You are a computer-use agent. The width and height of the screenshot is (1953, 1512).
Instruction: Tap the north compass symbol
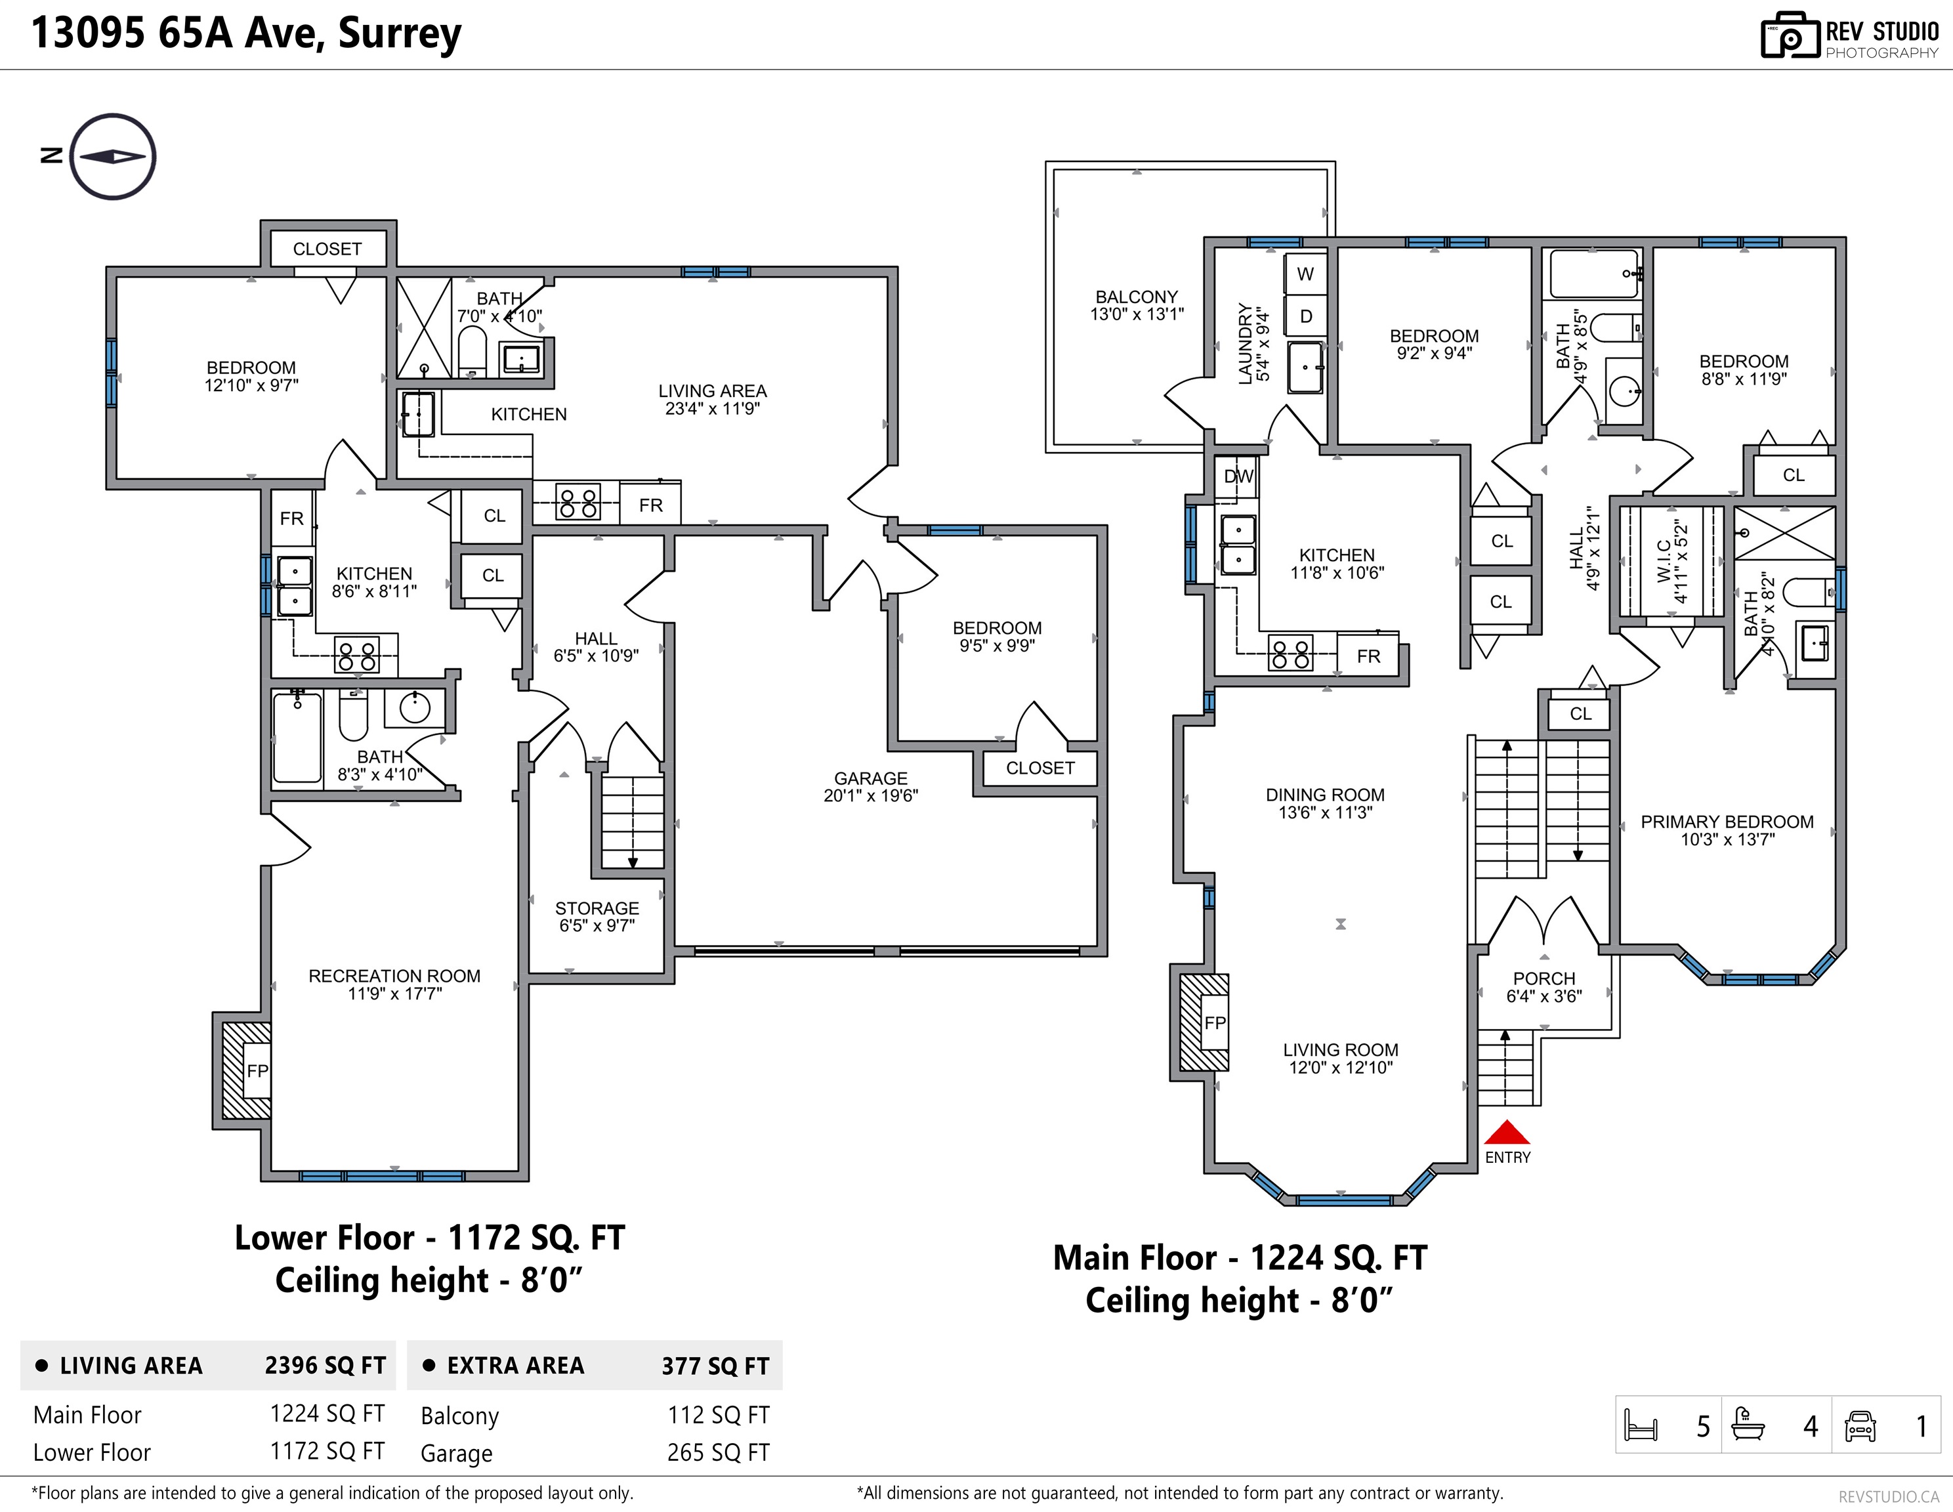113,156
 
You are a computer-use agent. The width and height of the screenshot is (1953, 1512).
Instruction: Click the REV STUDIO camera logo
1790,36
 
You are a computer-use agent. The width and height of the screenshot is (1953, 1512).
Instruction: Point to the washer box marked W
1305,274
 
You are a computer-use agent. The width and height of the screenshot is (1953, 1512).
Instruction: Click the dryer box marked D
1305,316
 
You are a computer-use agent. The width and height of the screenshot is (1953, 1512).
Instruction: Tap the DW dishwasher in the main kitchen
1238,476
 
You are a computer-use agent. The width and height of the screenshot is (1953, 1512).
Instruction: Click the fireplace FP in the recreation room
257,1070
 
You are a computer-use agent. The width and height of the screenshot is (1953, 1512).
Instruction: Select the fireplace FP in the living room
1214,1022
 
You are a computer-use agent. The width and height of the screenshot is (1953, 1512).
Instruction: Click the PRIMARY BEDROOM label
1727,822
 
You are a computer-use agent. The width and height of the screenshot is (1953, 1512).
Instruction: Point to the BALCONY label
1137,297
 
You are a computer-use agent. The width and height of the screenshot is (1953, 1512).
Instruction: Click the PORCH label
1544,979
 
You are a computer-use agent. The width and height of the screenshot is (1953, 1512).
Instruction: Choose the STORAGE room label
597,908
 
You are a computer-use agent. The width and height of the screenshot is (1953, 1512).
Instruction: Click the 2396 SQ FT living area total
325,1366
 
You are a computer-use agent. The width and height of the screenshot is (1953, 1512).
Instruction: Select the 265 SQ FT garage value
718,1453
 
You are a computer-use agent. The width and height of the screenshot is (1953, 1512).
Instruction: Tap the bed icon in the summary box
1641,1425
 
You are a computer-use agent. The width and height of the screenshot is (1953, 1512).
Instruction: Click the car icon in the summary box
1860,1425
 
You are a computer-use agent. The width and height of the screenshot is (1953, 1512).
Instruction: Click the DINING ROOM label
1325,795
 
